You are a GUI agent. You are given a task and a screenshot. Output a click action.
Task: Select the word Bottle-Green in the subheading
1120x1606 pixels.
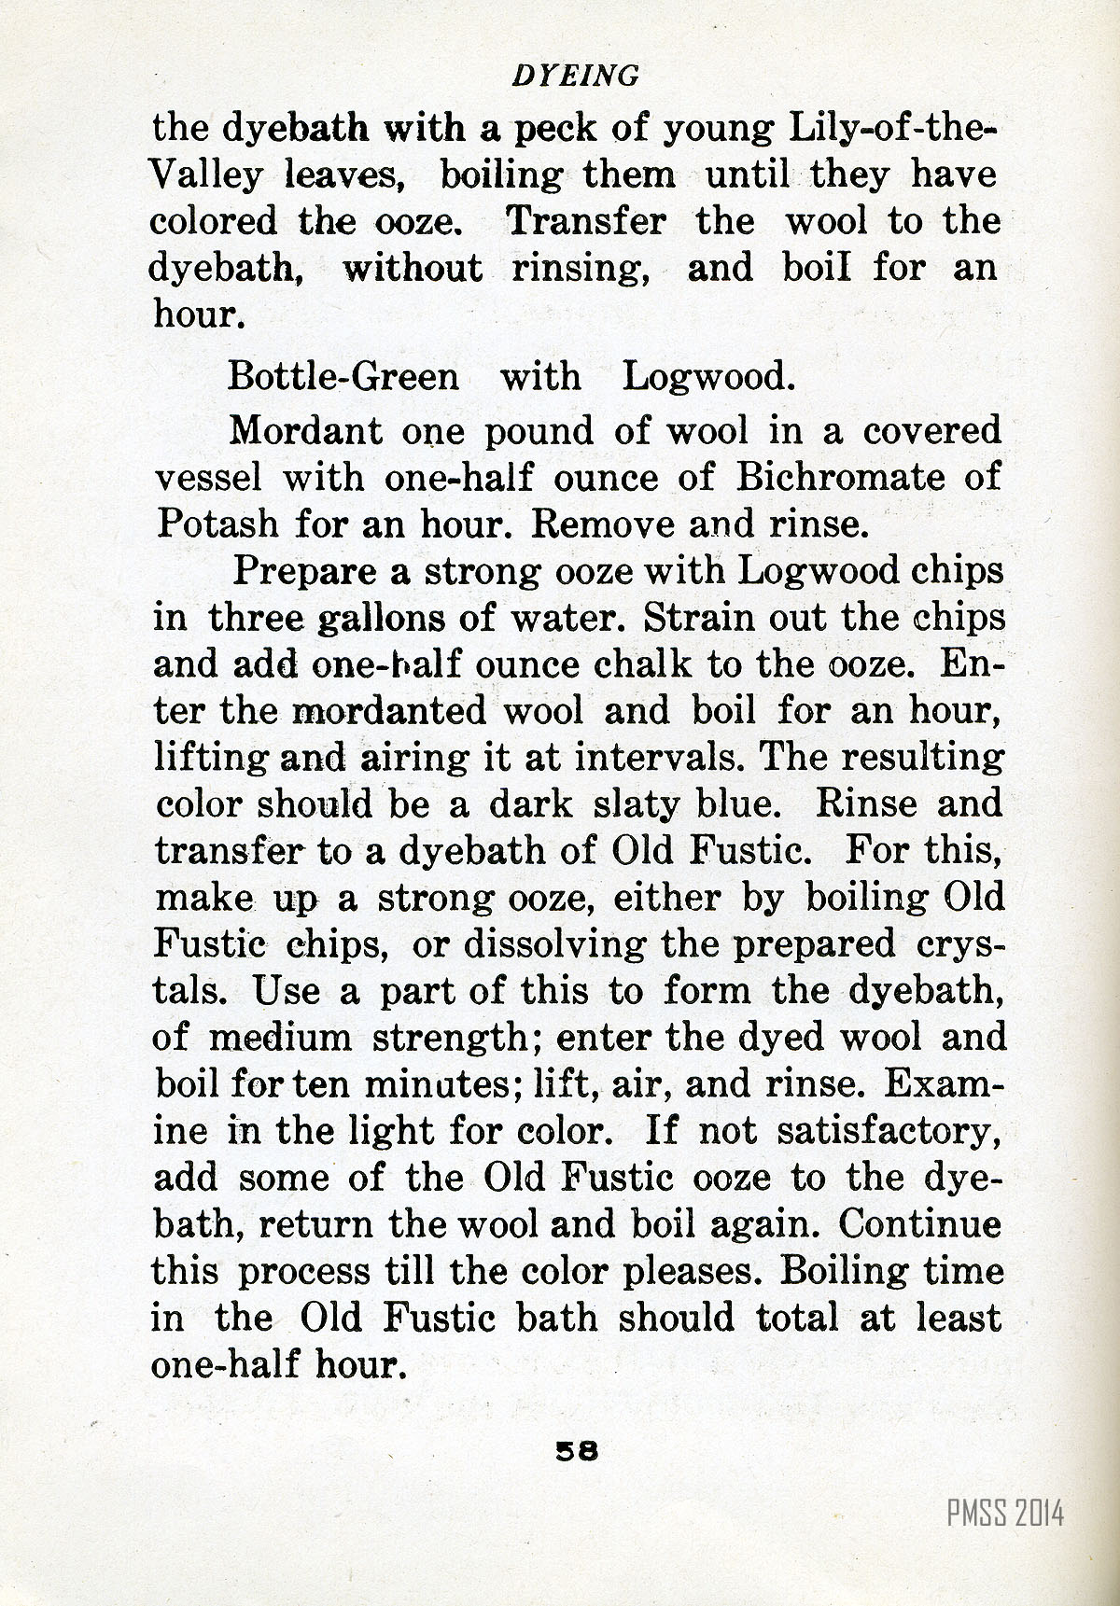pyautogui.click(x=343, y=377)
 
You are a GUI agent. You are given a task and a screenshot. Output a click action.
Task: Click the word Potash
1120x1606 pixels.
pyautogui.click(x=217, y=524)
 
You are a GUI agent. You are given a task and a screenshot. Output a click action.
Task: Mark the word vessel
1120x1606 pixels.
pyautogui.click(x=211, y=478)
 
